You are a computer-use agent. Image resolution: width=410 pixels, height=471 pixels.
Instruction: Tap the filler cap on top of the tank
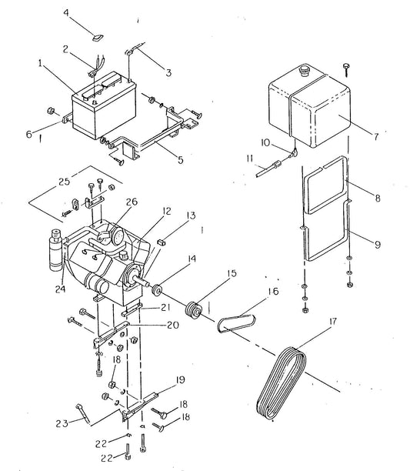click(x=302, y=72)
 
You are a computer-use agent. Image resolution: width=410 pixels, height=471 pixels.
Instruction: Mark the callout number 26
click(x=132, y=203)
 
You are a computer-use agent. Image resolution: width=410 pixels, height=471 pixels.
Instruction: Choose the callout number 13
click(x=190, y=217)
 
